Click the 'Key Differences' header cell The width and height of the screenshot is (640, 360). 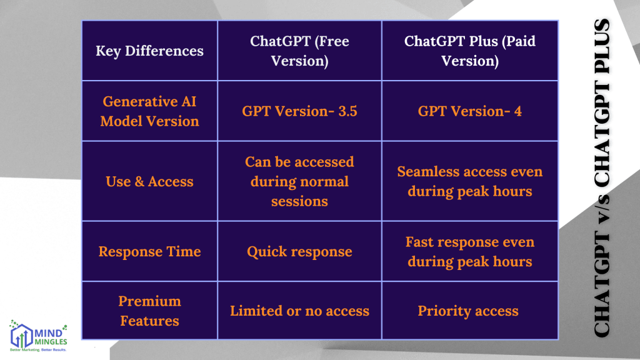click(149, 51)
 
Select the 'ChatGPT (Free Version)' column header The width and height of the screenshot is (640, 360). click(299, 51)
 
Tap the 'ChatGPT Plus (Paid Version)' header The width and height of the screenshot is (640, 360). click(469, 51)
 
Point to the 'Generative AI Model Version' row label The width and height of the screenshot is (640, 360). click(149, 111)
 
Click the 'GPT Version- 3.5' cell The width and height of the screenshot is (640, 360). click(299, 111)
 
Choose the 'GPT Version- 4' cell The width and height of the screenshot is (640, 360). click(469, 111)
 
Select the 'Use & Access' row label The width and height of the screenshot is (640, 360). click(149, 181)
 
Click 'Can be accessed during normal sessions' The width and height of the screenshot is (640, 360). click(299, 181)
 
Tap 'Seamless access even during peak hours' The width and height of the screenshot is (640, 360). click(469, 181)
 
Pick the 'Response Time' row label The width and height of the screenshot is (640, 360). click(149, 251)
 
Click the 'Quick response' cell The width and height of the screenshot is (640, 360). click(299, 252)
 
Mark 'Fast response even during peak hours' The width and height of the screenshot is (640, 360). click(469, 251)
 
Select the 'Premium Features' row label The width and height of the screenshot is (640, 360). click(149, 311)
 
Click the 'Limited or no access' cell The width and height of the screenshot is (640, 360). click(299, 311)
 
